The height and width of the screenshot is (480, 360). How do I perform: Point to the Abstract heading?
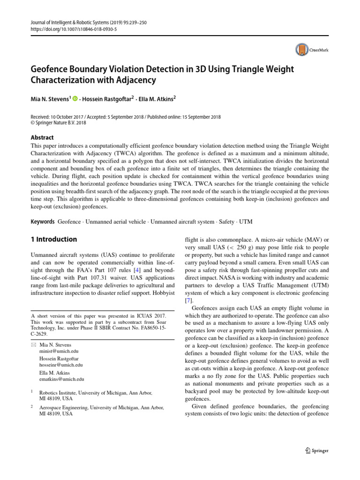[42, 137]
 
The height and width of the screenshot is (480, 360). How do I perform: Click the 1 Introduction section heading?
[53, 239]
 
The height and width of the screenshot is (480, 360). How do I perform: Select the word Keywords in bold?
[41, 220]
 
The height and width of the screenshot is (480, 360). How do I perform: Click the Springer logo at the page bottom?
[317, 450]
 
